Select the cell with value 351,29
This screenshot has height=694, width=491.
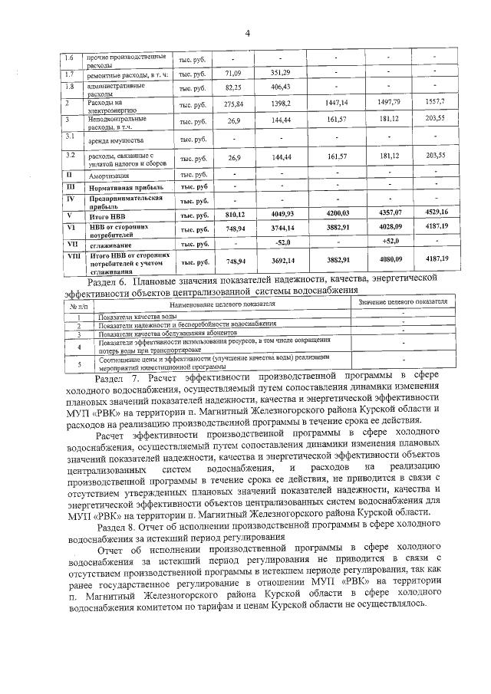click(x=280, y=73)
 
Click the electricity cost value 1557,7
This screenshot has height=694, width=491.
click(x=434, y=102)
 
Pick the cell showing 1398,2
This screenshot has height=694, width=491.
click(x=280, y=103)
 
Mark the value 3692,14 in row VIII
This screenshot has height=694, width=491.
click(x=280, y=260)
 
